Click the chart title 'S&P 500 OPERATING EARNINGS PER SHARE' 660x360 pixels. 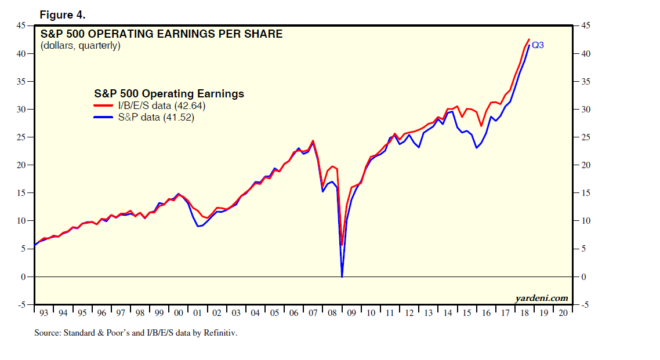[x=161, y=34]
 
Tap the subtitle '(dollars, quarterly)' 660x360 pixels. [x=81, y=46]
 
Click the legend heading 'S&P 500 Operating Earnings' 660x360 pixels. [x=169, y=94]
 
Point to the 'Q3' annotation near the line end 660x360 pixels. [x=538, y=45]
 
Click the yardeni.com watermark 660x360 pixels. [x=542, y=298]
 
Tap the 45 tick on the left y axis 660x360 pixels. [x=21, y=26]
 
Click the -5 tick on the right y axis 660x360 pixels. [x=586, y=305]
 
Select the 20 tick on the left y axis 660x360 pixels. [x=21, y=165]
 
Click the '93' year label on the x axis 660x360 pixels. [x=44, y=313]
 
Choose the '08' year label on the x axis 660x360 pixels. [x=332, y=313]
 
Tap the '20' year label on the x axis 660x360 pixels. [x=563, y=313]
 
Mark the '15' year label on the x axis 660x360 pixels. [x=466, y=313]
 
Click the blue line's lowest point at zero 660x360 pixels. [x=342, y=277]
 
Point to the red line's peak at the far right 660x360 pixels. [x=529, y=39]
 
